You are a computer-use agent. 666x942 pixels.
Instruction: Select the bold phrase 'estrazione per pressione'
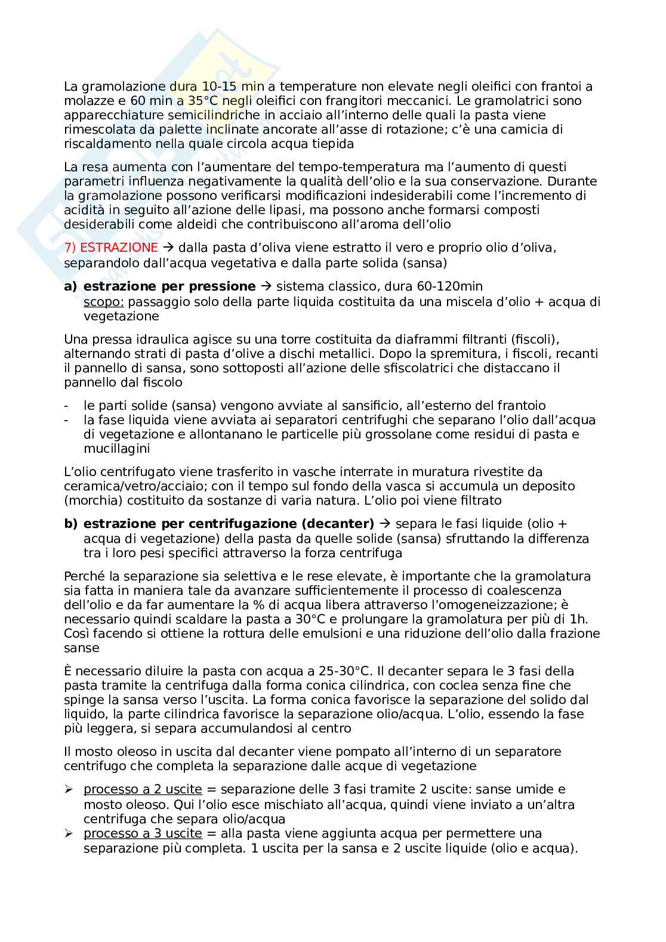click(169, 286)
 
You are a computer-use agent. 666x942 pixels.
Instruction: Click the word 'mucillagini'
click(116, 449)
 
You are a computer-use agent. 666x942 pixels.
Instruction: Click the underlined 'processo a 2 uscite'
click(143, 789)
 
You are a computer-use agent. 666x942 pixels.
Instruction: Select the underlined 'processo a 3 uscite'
click(143, 833)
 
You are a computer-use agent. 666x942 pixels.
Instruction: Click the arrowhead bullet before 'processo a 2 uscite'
click(69, 789)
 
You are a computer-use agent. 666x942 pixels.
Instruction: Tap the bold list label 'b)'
click(71, 524)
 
